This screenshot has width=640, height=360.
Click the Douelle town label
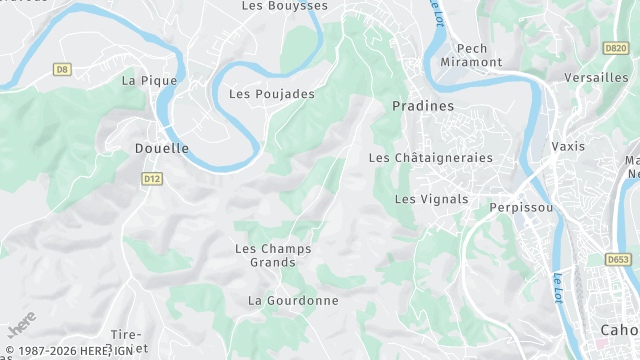pyautogui.click(x=161, y=148)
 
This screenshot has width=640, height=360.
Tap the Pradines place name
pyautogui.click(x=423, y=105)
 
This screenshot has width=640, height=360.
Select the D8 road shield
pyautogui.click(x=62, y=69)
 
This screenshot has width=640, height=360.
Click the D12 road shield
pyautogui.click(x=152, y=179)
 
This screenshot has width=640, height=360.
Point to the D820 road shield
pyautogui.click(x=616, y=48)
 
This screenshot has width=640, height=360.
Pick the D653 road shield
pyautogui.click(x=618, y=259)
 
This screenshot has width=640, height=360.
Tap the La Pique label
pyautogui.click(x=149, y=80)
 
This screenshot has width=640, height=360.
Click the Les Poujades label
pyautogui.click(x=272, y=94)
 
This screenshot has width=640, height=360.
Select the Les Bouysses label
pyautogui.click(x=285, y=6)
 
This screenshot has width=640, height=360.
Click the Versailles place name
pyautogui.click(x=596, y=77)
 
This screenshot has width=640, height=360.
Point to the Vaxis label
pyautogui.click(x=568, y=146)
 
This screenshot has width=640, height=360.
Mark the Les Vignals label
pyautogui.click(x=431, y=199)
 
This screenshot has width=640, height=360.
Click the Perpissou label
pyautogui.click(x=521, y=208)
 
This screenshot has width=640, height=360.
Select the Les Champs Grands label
pyautogui.click(x=273, y=255)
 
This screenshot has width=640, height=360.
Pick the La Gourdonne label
pyautogui.click(x=293, y=300)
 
